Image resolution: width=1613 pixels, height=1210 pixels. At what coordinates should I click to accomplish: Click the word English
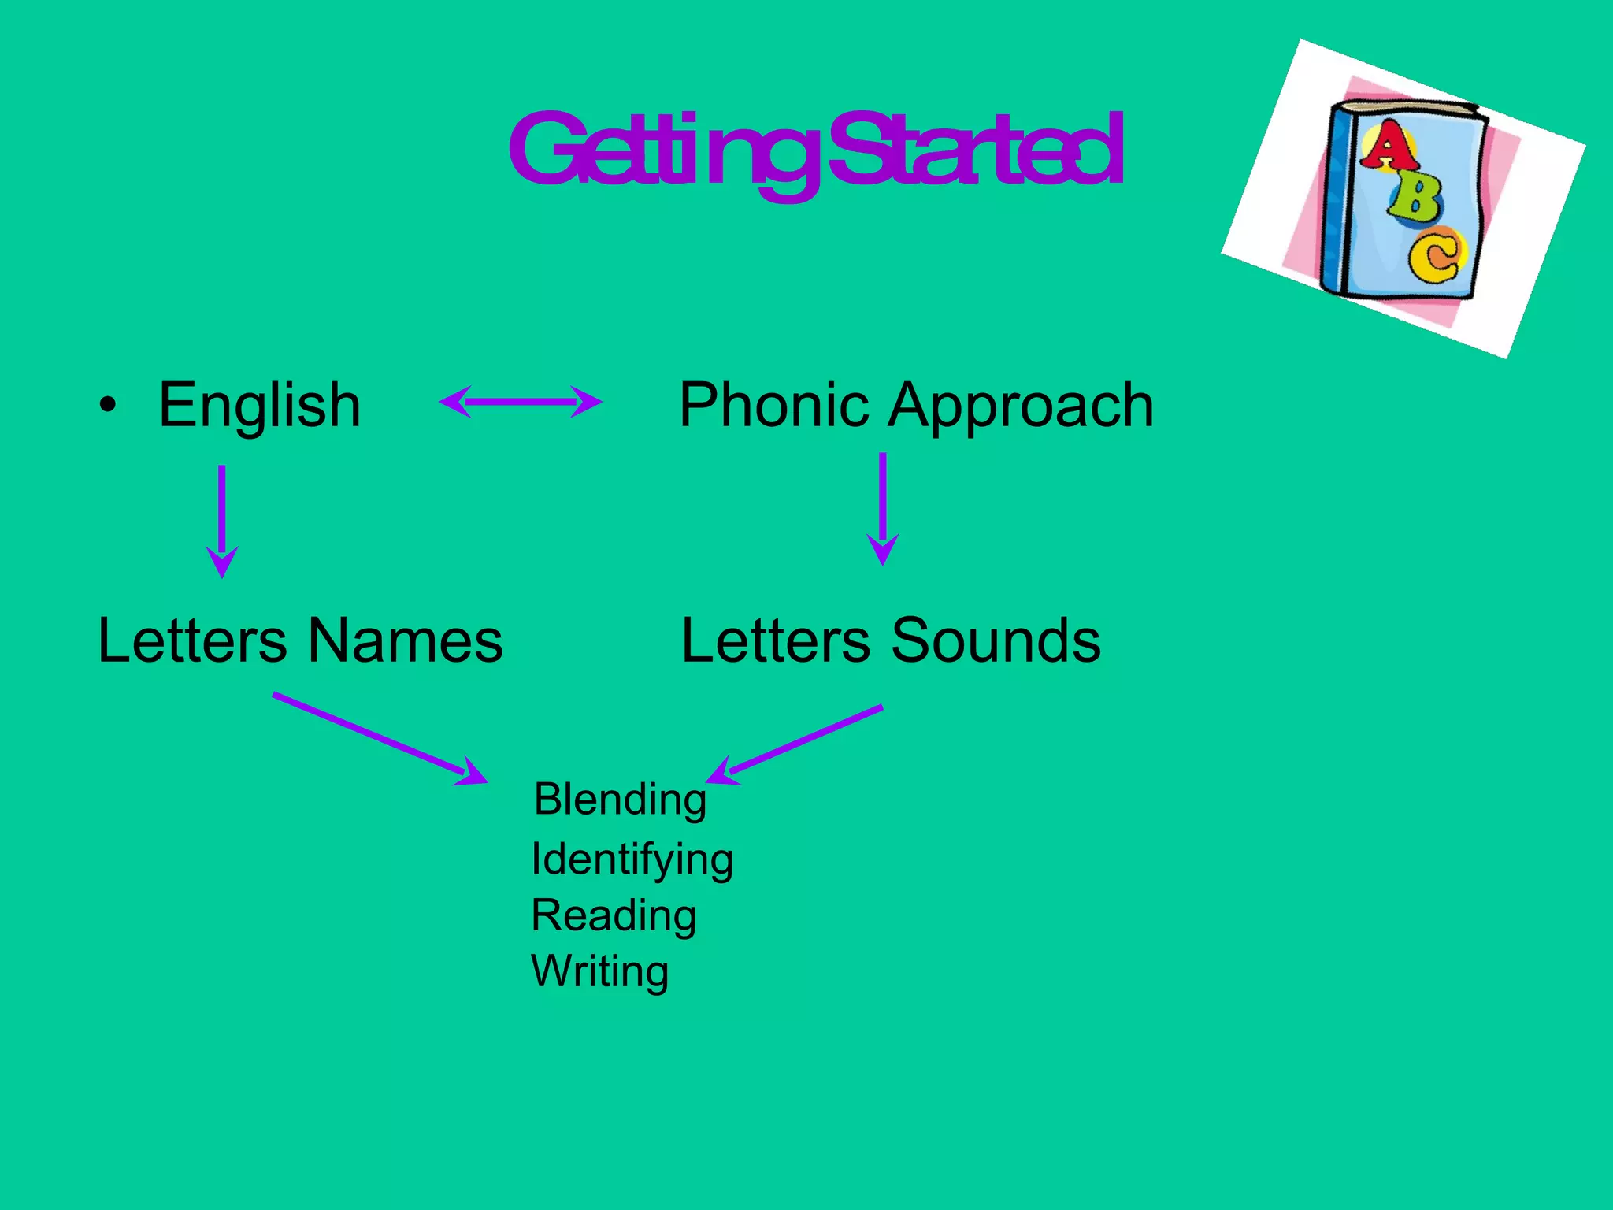[x=260, y=405]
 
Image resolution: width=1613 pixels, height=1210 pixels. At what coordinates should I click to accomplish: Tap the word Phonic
[x=776, y=405]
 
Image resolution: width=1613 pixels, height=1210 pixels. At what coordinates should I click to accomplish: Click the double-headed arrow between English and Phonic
[x=521, y=402]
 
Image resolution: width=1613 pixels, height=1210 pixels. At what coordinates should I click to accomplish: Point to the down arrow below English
[x=222, y=520]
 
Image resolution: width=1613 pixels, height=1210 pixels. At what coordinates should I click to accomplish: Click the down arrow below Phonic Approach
[x=883, y=508]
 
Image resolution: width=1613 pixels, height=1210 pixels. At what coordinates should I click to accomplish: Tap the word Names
[x=406, y=640]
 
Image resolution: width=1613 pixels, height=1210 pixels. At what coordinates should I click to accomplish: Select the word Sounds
[x=996, y=640]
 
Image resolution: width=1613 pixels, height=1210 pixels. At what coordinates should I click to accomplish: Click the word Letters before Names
[x=192, y=640]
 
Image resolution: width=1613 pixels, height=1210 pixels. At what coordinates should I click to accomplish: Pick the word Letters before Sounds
[x=776, y=640]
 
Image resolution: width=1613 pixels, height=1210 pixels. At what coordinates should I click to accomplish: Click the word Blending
[x=620, y=800]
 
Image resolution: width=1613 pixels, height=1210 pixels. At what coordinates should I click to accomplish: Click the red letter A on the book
[x=1388, y=146]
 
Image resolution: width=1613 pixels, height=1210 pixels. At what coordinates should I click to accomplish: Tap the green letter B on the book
[x=1415, y=198]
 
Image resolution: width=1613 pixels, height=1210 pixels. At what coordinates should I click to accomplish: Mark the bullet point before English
[x=108, y=406]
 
